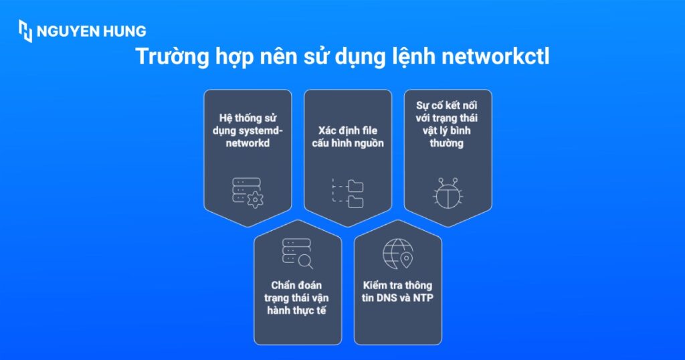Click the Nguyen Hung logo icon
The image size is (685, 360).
[25, 31]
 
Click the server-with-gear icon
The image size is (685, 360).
[248, 192]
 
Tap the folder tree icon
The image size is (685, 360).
[348, 193]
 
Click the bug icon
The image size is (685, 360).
[448, 193]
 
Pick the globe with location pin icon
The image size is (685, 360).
[397, 254]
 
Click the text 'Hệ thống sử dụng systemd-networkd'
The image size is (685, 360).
[248, 130]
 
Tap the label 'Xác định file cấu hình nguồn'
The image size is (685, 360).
[347, 137]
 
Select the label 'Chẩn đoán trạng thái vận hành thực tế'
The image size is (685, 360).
[297, 298]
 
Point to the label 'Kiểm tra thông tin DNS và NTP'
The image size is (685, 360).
[397, 292]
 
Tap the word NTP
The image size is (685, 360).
[423, 298]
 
